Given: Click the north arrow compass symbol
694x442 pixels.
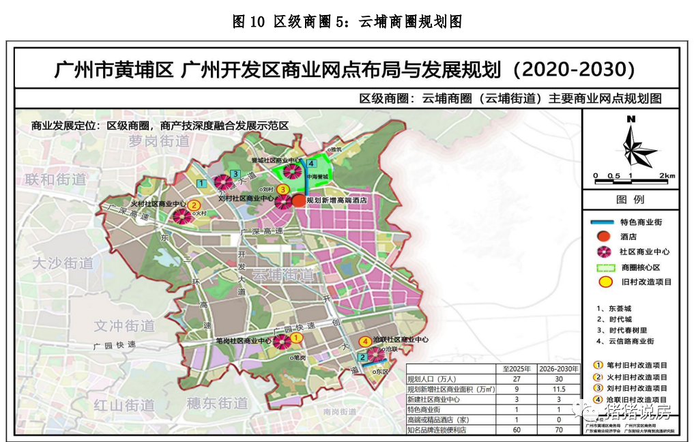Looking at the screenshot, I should pos(632,145).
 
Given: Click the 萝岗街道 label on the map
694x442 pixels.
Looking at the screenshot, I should pos(158,141).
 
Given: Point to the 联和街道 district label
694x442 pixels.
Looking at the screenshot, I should pos(56,179).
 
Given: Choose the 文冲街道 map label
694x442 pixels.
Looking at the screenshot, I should pos(124,326).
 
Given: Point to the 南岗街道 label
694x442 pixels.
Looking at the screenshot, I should pos(340,411).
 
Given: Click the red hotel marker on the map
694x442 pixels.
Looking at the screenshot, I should pos(299,201).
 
